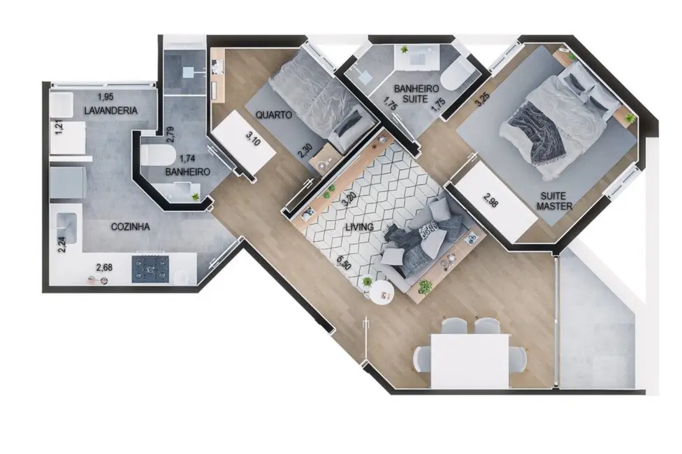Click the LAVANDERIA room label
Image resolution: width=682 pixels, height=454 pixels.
click(110, 110)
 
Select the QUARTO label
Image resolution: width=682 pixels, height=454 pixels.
click(273, 115)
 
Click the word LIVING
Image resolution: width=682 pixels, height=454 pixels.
click(360, 227)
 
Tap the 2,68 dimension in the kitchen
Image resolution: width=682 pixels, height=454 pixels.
click(103, 266)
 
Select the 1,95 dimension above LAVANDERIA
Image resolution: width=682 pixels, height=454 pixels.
click(105, 97)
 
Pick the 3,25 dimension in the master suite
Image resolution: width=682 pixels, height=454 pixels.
click(480, 100)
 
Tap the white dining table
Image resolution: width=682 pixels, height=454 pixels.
click(470, 359)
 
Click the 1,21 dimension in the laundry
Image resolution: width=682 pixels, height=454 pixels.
click(59, 130)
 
